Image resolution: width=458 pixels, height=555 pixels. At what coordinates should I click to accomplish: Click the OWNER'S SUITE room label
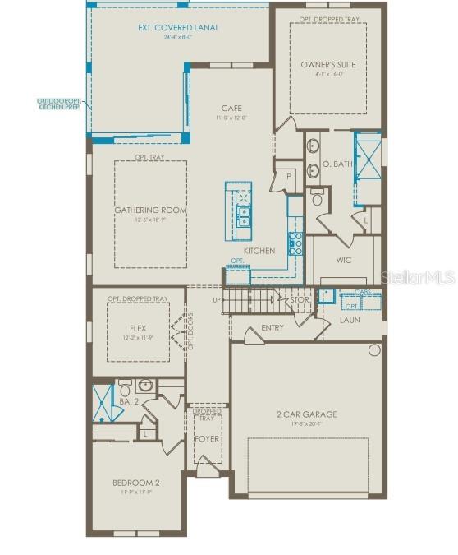tap(327, 64)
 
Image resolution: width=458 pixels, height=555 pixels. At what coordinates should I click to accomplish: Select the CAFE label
tap(231, 108)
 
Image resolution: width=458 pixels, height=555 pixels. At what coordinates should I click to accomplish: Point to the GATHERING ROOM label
tap(150, 210)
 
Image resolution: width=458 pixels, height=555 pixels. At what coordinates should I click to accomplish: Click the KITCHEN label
tap(259, 251)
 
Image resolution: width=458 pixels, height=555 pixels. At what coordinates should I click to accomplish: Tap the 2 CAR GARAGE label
tap(307, 414)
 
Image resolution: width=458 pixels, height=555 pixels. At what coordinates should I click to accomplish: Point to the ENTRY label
tap(273, 327)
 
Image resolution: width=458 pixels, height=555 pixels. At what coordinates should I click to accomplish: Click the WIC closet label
tap(344, 260)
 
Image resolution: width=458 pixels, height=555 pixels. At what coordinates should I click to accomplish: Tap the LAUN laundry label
tap(350, 319)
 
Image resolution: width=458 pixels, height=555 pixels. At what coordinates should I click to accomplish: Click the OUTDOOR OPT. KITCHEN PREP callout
tap(58, 104)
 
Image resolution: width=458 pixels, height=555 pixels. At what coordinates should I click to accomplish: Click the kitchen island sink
tap(244, 215)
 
